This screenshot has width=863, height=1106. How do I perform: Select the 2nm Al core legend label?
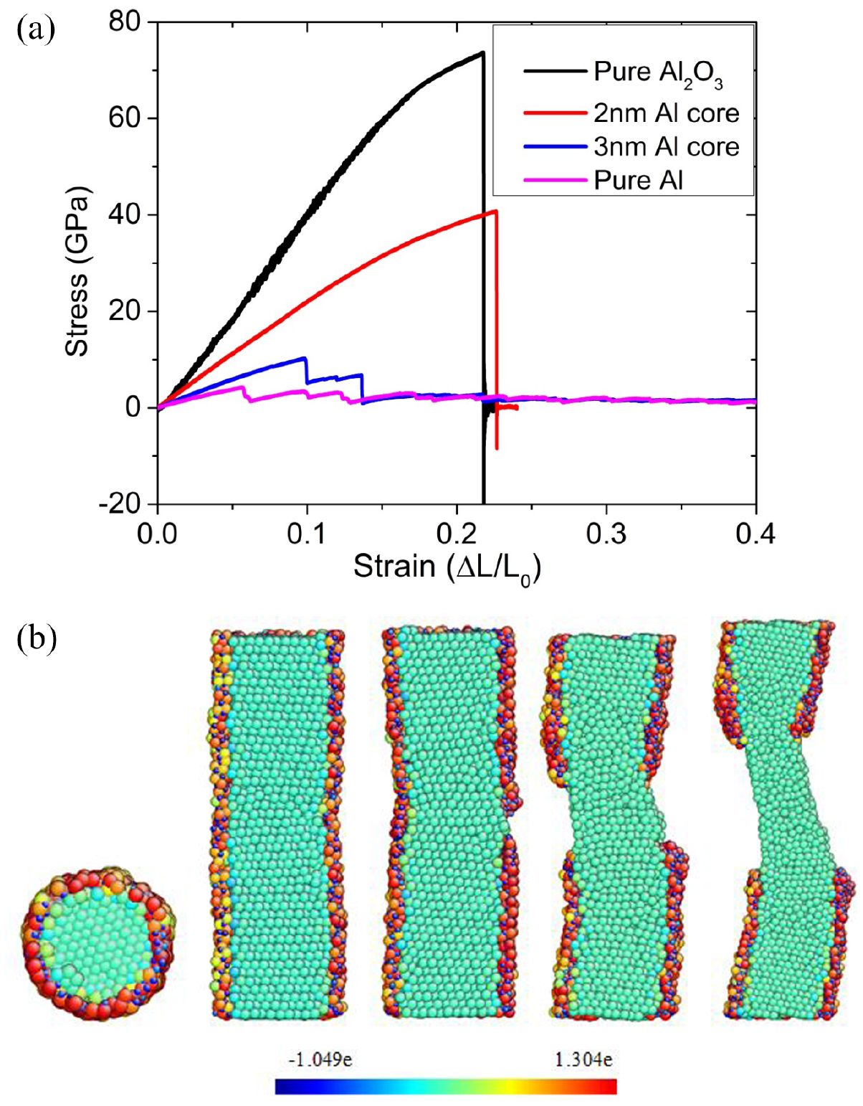pyautogui.click(x=666, y=113)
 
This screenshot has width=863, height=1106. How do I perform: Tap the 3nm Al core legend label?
pyautogui.click(x=666, y=147)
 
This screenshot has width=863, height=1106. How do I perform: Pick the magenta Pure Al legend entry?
pyautogui.click(x=638, y=180)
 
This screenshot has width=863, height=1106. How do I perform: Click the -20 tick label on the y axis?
pyautogui.click(x=118, y=504)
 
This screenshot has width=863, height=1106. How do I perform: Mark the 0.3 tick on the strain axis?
pyautogui.click(x=606, y=534)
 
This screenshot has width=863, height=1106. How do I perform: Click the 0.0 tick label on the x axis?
pyautogui.click(x=158, y=534)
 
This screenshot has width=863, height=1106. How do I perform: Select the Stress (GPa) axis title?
pyautogui.click(x=77, y=272)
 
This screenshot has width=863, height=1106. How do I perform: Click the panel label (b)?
pyautogui.click(x=35, y=638)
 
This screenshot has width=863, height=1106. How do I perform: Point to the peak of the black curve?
pyautogui.click(x=482, y=52)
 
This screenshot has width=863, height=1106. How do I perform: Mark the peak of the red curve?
pyautogui.click(x=495, y=211)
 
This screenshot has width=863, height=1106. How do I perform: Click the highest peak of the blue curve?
pyautogui.click(x=306, y=357)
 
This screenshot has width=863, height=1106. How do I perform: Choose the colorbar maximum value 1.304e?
pyautogui.click(x=583, y=1059)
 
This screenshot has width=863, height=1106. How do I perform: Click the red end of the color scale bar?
pyautogui.click(x=606, y=1087)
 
